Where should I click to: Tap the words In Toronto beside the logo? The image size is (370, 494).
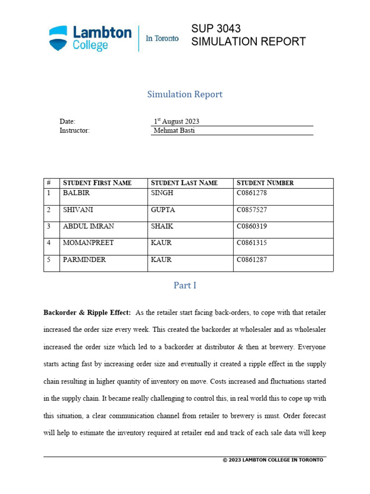tap(162, 39)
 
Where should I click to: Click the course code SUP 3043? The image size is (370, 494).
tap(216, 28)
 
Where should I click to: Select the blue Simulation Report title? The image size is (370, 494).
tap(185, 94)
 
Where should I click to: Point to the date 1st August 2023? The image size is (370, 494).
tap(176, 122)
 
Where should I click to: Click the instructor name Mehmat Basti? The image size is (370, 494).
tap(174, 130)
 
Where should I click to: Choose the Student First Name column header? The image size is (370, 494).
tap(97, 183)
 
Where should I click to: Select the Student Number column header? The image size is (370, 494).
tap(265, 183)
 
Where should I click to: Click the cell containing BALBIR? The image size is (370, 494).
tap(76, 193)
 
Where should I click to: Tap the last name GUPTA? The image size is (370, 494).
tap(163, 210)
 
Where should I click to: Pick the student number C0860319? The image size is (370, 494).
tap(251, 226)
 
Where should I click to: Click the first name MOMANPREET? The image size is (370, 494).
tap(88, 243)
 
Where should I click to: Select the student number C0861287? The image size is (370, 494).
tap(251, 260)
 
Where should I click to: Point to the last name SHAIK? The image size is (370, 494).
tap(162, 226)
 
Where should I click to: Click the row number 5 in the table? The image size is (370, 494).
tap(49, 260)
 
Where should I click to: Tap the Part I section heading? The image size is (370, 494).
tap(185, 285)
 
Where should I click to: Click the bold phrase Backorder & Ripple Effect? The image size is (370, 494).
tap(87, 313)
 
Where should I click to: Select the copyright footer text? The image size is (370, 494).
tap(273, 460)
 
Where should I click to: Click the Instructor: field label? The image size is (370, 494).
tap(74, 130)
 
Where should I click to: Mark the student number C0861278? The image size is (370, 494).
tap(251, 193)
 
